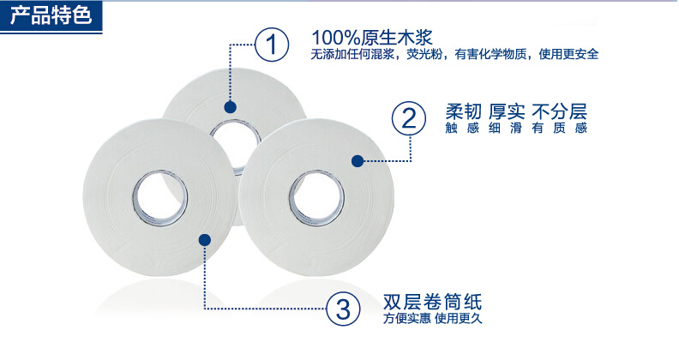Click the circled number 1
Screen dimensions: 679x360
pyautogui.click(x=272, y=44)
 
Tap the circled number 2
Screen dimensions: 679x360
pyautogui.click(x=409, y=118)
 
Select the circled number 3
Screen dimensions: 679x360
pyautogui.click(x=343, y=309)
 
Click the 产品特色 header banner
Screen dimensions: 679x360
pyautogui.click(x=51, y=17)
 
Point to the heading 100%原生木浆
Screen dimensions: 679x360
pyautogui.click(x=372, y=38)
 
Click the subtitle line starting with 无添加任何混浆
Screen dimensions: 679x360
pyautogui.click(x=454, y=55)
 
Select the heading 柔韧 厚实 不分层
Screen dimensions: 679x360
pyautogui.click(x=516, y=111)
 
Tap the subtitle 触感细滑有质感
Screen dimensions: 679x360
pyautogui.click(x=516, y=128)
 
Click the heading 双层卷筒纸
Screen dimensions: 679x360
pyautogui.click(x=432, y=302)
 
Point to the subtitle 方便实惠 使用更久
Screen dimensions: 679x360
pyautogui.click(x=432, y=319)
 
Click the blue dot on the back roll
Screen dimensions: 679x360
pyautogui.click(x=230, y=107)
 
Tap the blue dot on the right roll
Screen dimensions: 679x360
pyautogui.click(x=358, y=161)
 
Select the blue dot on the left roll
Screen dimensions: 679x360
pyautogui.click(x=204, y=240)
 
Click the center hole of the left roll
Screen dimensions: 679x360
pyautogui.click(x=160, y=198)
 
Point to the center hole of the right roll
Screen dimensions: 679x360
pyautogui.click(x=316, y=198)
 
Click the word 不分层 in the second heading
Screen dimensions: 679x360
pyautogui.click(x=560, y=111)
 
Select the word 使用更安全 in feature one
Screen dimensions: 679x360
pyautogui.click(x=569, y=55)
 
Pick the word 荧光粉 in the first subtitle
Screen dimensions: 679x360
pyautogui.click(x=424, y=55)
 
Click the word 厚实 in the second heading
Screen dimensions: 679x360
pyautogui.click(x=507, y=111)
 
